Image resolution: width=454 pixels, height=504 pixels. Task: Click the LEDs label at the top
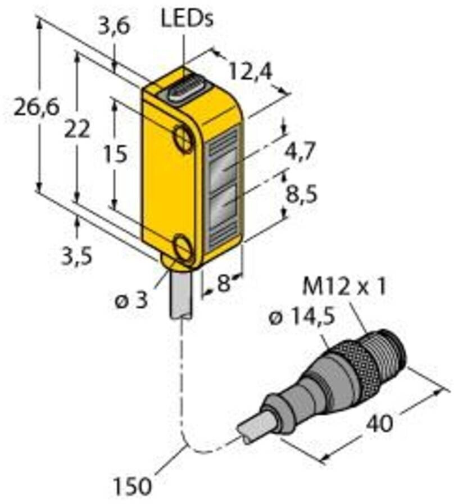(187, 19)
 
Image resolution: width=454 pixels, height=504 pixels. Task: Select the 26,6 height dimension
(36, 108)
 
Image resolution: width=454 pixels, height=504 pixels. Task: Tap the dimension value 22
(78, 130)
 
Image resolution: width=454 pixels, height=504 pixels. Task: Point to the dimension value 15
(115, 154)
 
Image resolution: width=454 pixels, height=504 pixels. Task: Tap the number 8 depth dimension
(224, 285)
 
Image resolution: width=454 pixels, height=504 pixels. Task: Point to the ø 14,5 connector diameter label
(303, 318)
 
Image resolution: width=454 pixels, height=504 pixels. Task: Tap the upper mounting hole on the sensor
(184, 138)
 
